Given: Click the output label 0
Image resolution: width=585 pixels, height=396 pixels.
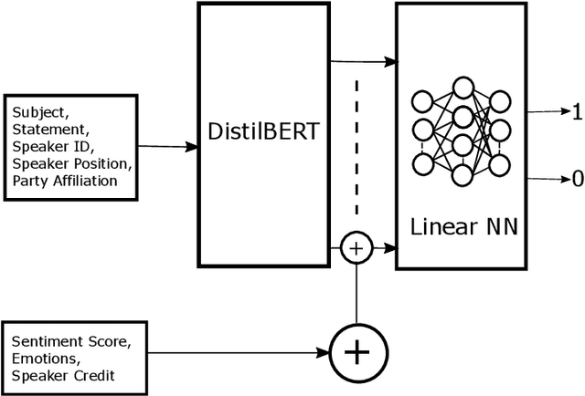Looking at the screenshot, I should (576, 180).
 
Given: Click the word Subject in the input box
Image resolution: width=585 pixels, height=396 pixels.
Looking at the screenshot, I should (39, 113).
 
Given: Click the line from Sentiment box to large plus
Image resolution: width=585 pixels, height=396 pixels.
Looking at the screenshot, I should (238, 351).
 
